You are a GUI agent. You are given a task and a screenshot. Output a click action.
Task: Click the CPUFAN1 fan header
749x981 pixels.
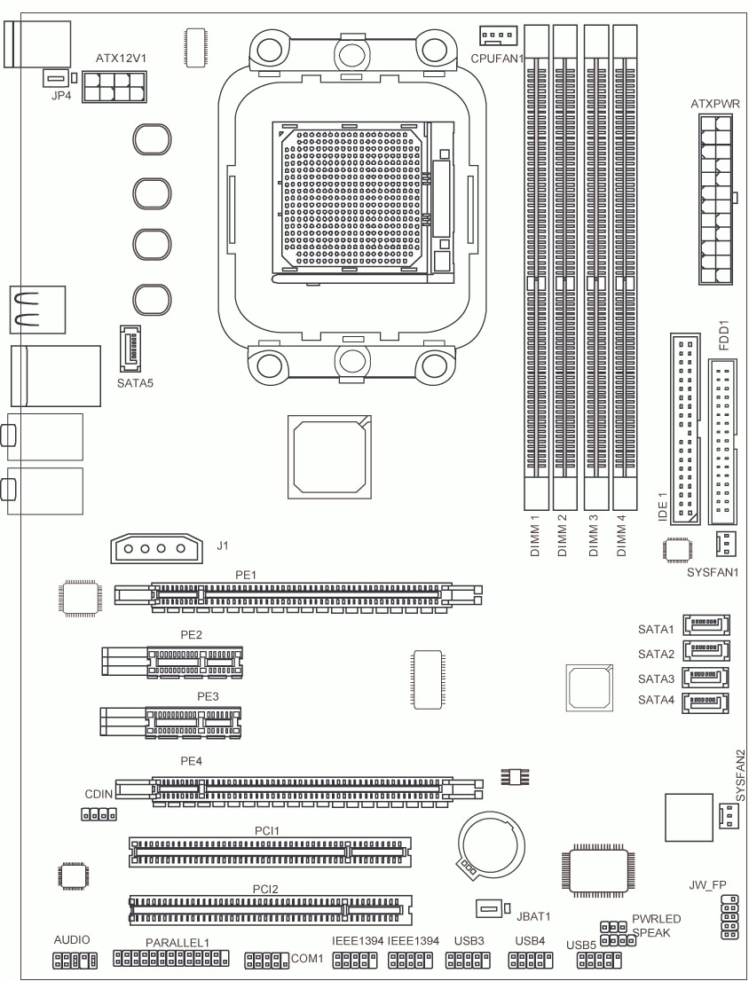[x=499, y=36]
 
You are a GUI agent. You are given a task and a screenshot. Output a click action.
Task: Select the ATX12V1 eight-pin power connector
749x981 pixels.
[x=114, y=86]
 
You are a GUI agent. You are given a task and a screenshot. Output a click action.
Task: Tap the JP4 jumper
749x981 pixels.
[x=55, y=79]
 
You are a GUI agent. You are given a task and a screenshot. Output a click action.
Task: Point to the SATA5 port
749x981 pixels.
[x=130, y=349]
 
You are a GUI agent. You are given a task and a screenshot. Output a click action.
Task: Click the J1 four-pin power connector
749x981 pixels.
[x=157, y=548]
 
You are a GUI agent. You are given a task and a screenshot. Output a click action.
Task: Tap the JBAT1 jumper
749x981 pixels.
[x=490, y=908]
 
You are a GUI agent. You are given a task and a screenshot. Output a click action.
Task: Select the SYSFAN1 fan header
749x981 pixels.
[x=726, y=544]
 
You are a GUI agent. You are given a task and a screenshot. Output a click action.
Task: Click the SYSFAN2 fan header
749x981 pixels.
[x=726, y=815]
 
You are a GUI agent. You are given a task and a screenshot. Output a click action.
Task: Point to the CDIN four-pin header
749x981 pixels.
[x=99, y=814]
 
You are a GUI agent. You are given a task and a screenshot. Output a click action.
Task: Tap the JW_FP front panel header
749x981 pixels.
[x=729, y=917]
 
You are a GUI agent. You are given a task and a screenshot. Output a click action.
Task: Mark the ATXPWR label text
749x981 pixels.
[x=715, y=104]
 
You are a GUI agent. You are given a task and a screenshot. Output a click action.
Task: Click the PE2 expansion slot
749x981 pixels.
[x=172, y=663]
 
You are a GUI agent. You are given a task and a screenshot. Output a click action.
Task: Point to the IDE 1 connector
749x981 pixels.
[x=684, y=428]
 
